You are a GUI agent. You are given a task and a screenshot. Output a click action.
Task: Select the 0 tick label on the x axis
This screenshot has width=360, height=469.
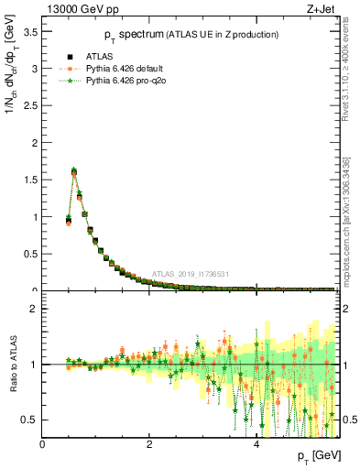tap(42, 445)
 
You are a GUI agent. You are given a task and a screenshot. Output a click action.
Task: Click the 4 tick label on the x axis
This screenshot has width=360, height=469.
tap(256, 445)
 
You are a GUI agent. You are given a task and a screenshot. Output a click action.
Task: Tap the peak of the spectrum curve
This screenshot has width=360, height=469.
tap(73, 170)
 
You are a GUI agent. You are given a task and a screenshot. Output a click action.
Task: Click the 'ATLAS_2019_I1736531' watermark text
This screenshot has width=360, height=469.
tap(191, 275)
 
